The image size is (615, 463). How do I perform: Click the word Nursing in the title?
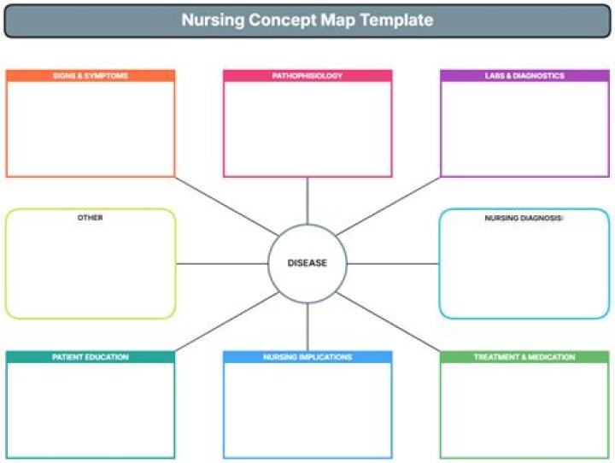coord(213,21)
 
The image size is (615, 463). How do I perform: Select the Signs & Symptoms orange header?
coord(91,76)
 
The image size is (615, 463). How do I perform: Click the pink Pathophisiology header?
coord(307,76)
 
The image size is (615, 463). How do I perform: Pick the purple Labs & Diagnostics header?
coord(524,76)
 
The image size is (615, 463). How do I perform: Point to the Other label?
coord(91,218)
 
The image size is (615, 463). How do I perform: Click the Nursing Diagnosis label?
coord(524,218)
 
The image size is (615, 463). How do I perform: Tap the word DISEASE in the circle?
coord(307,263)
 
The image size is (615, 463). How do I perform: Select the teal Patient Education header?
coord(91,357)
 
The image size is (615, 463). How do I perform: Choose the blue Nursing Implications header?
coord(307,357)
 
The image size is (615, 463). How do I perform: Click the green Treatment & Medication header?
coord(524,357)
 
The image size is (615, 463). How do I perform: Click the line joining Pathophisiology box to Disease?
coord(307,201)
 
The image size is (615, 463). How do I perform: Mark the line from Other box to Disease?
coord(222,264)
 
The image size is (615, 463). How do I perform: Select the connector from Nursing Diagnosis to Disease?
coord(393,264)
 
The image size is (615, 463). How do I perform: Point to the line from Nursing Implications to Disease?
coord(307,327)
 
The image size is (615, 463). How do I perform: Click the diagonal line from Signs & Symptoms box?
coord(227,207)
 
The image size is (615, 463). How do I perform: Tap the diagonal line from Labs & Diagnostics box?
coord(388,207)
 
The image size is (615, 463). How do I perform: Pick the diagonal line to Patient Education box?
coord(227,322)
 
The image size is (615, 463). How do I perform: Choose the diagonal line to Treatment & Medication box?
coord(388,322)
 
